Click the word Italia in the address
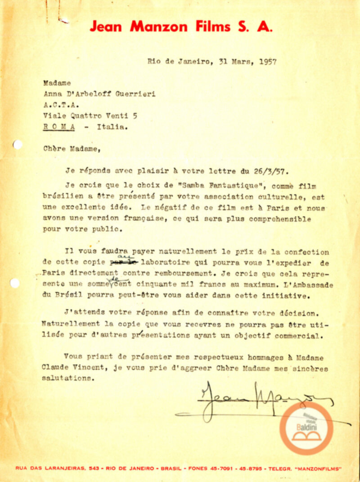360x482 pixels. tap(110, 127)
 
